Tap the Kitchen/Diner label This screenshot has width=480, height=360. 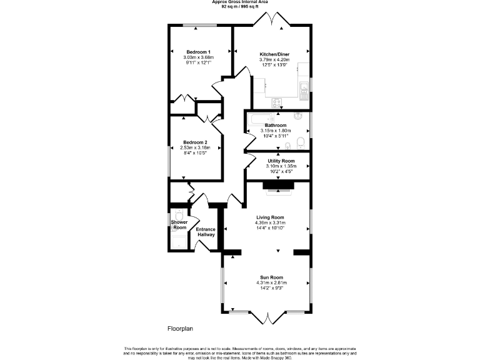click(275, 54)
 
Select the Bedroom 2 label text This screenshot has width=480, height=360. click(195, 142)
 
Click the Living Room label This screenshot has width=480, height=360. click(270, 217)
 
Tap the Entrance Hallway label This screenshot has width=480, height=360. click(206, 232)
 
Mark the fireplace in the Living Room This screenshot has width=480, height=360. click(276, 186)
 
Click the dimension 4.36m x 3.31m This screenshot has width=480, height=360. click(270, 222)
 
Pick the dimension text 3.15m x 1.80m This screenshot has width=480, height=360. click(276, 131)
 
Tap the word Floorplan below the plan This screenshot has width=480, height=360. click(181, 328)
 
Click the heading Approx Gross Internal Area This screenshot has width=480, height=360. click(239, 2)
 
